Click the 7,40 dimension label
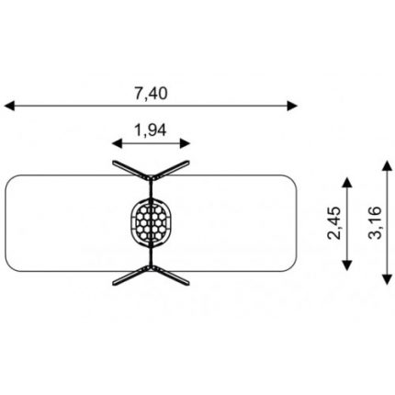tap(151, 94)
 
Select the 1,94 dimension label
tap(151, 130)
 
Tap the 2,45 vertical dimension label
tap(333, 223)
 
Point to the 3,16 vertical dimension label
tap(376, 222)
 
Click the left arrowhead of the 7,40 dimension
tap(9, 106)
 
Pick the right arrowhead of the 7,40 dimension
tap(292, 106)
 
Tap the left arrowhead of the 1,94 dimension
tap(118, 143)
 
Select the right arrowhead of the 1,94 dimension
tap(186, 143)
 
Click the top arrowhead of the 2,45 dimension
tap(346, 183)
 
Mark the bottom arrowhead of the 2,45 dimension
tap(346, 265)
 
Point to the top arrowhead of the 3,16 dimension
tap(388, 165)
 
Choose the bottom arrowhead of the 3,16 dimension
tap(388, 279)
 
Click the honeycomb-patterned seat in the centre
tap(152, 222)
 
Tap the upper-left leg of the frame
tap(131, 170)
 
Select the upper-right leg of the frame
tap(171, 170)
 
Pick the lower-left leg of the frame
tap(131, 276)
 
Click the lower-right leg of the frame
tap(171, 276)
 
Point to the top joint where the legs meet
tap(152, 177)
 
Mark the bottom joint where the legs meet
tap(152, 267)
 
